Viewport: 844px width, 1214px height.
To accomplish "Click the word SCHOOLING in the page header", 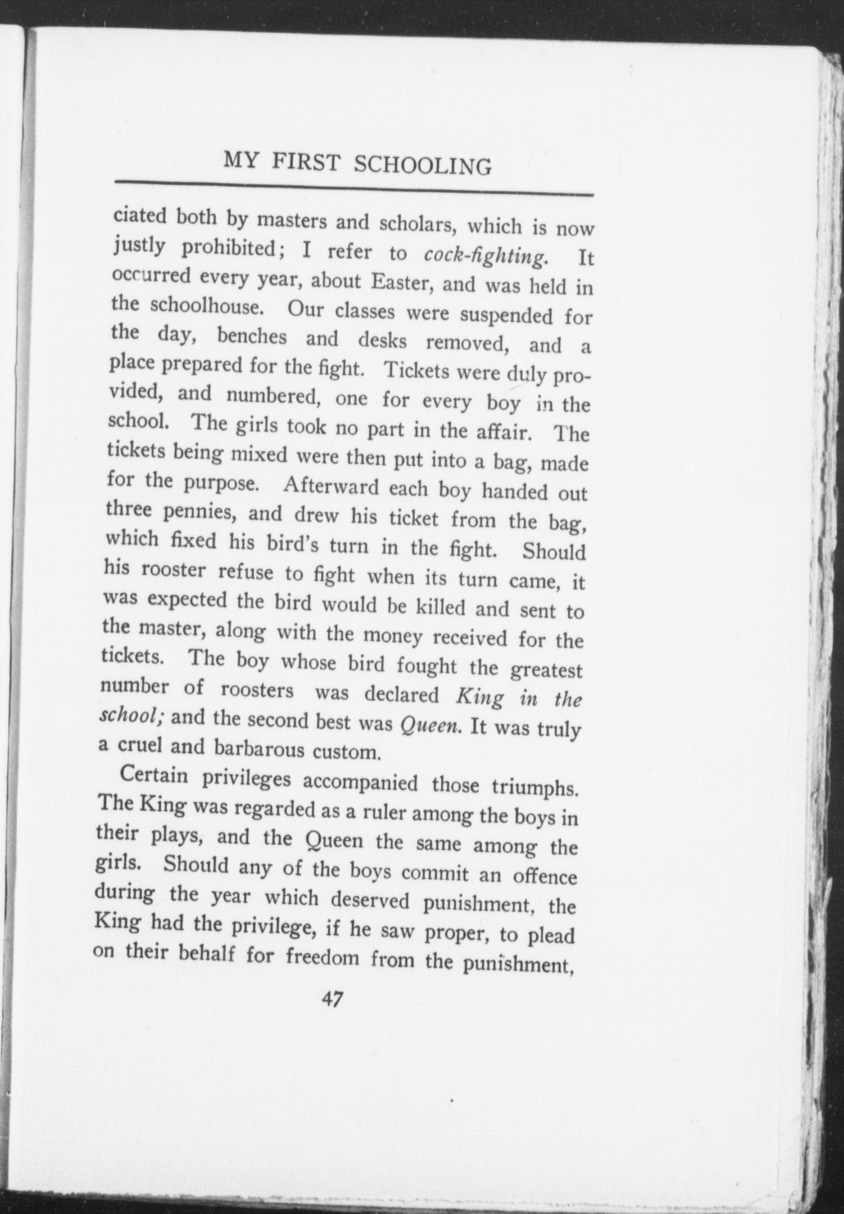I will [x=422, y=165].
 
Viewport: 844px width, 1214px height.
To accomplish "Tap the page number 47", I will [x=331, y=999].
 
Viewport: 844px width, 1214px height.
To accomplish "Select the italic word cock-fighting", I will [x=485, y=255].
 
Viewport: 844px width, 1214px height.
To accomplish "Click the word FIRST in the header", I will [x=307, y=162].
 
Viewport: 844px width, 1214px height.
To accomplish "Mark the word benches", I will [x=252, y=337].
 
